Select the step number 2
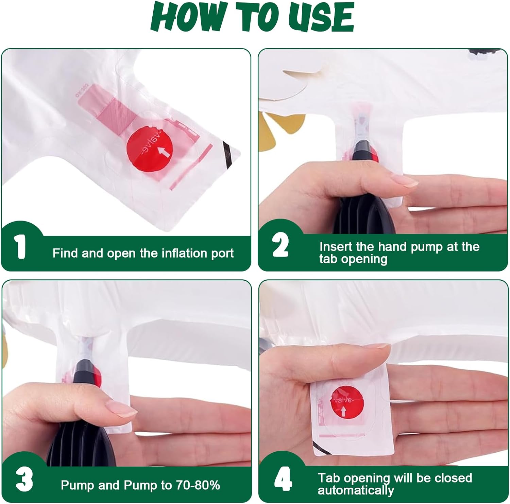click(x=280, y=245)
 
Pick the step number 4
click(x=283, y=478)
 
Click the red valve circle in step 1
click(x=150, y=149)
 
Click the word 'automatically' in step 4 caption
click(x=356, y=490)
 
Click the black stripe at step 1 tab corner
click(x=228, y=152)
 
